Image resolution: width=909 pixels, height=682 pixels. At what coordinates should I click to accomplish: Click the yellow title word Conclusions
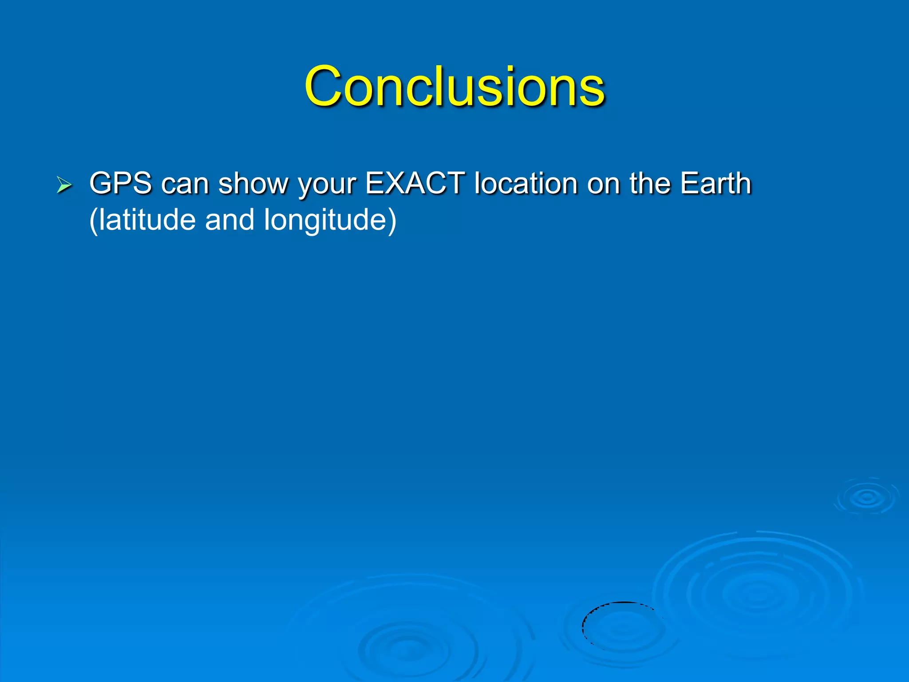click(454, 86)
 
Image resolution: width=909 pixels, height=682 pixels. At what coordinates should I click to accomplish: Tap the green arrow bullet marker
click(64, 185)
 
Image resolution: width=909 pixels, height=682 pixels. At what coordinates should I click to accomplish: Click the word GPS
click(120, 183)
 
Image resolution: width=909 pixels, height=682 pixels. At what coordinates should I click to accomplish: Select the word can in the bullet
click(185, 184)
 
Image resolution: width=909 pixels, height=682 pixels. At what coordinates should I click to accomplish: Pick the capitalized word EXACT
click(415, 183)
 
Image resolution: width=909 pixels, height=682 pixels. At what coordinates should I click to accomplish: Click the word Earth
click(715, 183)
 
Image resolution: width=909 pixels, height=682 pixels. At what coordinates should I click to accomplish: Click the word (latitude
click(142, 220)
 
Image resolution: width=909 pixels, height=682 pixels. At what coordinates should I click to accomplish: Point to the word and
click(229, 220)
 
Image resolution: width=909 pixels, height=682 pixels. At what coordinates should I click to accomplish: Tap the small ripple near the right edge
click(867, 497)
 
